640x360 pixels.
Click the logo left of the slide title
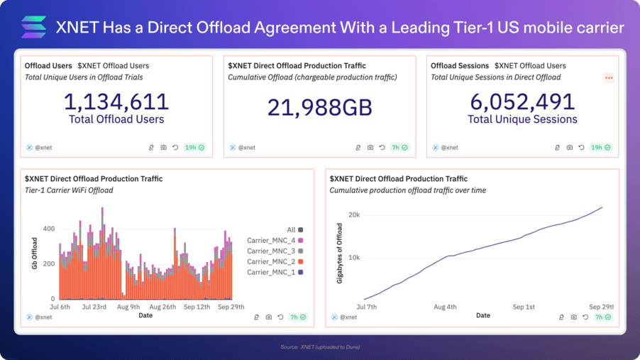pos(33,27)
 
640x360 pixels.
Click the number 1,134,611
pos(116,102)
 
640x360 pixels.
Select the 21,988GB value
pos(319,107)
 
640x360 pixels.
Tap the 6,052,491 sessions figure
pos(522,102)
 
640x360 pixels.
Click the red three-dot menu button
pos(609,77)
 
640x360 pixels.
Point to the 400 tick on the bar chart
pos(48,229)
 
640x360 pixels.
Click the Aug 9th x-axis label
pos(128,307)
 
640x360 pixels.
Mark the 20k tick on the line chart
pos(353,214)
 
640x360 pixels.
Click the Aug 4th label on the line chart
pos(445,307)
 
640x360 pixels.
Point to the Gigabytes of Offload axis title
pos(339,253)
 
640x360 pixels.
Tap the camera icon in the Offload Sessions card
pos(569,148)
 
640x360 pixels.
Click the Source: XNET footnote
pos(319,347)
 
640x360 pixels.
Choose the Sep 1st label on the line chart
pos(524,307)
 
